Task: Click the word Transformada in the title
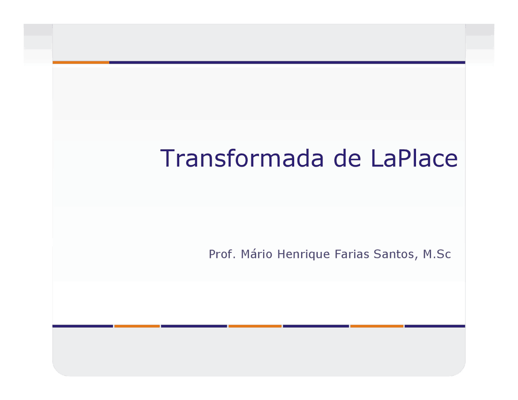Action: [242, 159]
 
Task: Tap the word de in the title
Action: [347, 159]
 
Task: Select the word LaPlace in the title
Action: [414, 159]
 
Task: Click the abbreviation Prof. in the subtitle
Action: [222, 254]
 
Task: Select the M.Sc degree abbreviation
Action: [437, 254]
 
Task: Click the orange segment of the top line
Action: [81, 62]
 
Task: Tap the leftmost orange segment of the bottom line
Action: [137, 326]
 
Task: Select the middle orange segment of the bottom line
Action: [255, 326]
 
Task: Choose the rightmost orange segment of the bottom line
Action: [377, 326]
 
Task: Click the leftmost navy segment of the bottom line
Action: [83, 326]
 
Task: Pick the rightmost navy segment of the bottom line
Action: [435, 326]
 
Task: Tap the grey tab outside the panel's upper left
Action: [38, 36]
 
